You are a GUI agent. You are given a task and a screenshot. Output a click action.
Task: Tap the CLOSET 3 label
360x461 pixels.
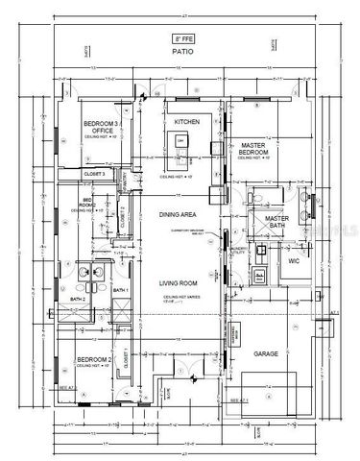(x=94, y=174)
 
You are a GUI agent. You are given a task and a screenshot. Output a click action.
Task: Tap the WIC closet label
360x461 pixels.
(x=293, y=260)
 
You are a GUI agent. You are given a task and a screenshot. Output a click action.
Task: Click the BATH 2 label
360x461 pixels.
(x=78, y=299)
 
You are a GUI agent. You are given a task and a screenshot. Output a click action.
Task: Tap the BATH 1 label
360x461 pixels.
(x=121, y=290)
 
